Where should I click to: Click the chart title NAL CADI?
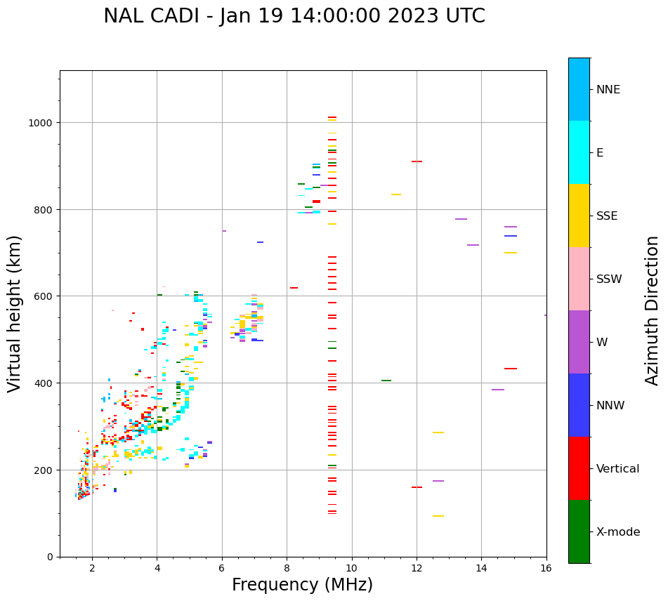pos(294,16)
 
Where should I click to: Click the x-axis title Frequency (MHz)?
pos(302,585)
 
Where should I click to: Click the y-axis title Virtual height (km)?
pos(15,313)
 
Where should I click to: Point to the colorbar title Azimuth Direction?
pos(653,310)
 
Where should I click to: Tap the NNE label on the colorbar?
pos(608,89)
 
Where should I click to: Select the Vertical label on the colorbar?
pos(617,468)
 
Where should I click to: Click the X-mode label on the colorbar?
pos(618,531)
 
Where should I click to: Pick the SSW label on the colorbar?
pos(609,279)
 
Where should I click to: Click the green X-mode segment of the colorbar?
pos(579,531)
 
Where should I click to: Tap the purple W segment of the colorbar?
pos(579,342)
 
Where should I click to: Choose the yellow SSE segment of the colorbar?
pos(579,216)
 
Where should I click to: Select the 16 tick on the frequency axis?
pos(546,567)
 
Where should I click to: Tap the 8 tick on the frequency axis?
pos(287,567)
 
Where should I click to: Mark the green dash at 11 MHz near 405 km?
pos(386,381)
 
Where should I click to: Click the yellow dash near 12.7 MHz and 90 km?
pos(438,516)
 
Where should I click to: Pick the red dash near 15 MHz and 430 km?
pos(511,369)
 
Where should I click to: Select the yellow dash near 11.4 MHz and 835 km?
pos(396,194)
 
